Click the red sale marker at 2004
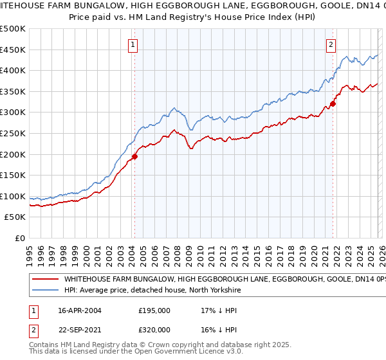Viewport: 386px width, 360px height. click(134, 156)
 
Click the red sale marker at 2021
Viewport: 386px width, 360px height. click(333, 104)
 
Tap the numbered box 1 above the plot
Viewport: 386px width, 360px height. click(133, 45)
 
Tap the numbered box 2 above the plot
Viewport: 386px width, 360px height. click(331, 45)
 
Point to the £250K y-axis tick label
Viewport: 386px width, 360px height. click(12, 133)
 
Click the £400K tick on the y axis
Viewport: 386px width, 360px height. click(12, 70)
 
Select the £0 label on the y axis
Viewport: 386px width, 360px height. click(19, 239)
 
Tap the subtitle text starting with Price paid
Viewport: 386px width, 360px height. click(193, 18)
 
